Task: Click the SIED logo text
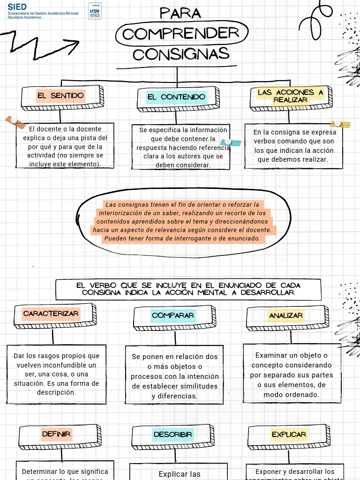pos(17,7)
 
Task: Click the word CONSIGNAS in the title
pos(181,54)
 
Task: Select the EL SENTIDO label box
pos(61,96)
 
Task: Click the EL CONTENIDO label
pos(176,97)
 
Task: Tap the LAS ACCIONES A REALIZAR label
pos(291,96)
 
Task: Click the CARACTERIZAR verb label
pos(51,314)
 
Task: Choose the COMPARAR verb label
pos(173,315)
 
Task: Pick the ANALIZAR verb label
pos(286,316)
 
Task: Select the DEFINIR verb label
pos(56,434)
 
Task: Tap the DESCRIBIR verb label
pos(173,435)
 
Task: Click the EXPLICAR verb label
pos(289,435)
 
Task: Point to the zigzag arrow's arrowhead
pos(73,45)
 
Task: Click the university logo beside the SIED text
pos(94,10)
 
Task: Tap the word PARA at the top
pos(180,13)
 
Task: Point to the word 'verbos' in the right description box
pos(265,142)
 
